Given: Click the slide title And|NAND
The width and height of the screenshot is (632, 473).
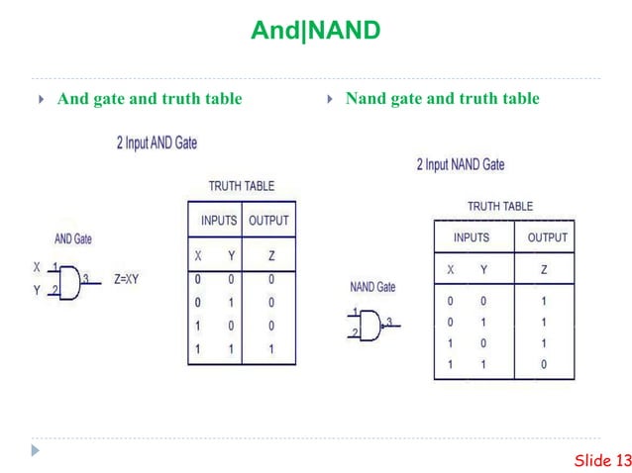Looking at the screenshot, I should coord(315,31).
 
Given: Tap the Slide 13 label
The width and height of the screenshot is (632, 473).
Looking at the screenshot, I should coord(602,459).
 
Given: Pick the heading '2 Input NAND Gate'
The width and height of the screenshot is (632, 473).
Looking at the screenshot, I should coord(460,164).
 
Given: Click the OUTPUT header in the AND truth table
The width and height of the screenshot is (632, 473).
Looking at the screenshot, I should coord(268,220).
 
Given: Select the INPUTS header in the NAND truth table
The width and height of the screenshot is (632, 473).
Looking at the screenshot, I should coord(472,237).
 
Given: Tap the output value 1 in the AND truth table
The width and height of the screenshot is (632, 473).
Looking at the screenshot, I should coord(270,349).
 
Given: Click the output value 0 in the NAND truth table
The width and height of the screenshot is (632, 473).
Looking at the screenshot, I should coord(543,364).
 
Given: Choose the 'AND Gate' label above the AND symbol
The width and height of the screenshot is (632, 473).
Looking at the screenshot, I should coord(73,239).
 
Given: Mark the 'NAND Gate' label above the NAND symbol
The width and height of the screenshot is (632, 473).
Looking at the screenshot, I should coord(373,287).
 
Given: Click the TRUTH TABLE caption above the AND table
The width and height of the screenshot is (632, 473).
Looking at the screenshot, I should coord(241,186).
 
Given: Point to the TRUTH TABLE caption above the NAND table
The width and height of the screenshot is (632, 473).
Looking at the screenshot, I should coord(500,206).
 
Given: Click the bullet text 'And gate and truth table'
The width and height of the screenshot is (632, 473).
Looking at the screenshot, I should coord(150,98).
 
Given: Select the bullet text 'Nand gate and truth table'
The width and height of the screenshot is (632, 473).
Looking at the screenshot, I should coord(442,98).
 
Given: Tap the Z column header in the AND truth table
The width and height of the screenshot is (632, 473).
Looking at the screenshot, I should coord(270,254).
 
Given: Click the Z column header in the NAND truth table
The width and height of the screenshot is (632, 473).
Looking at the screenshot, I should coord(543,269).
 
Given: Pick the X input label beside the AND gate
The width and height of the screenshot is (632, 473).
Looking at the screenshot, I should coord(37,267).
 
